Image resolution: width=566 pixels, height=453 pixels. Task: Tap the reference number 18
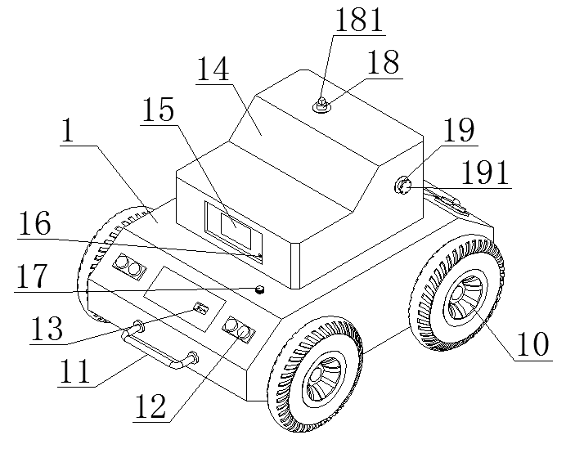point(384,62)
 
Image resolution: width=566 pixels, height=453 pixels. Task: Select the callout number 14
point(213,69)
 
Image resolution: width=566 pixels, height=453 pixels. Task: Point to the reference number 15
point(159,110)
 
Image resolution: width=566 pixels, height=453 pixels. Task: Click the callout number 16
point(34,224)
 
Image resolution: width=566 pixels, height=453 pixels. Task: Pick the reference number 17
point(32,276)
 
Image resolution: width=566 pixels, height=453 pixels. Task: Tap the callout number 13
point(47,328)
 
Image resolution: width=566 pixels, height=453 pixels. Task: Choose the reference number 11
point(74,371)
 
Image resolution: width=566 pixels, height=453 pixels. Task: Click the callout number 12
point(150,406)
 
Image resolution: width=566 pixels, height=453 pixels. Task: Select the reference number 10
point(532,345)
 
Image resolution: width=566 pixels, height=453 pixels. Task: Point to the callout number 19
point(459,130)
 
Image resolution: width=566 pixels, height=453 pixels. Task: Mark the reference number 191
point(485,173)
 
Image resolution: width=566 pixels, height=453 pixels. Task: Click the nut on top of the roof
point(321,105)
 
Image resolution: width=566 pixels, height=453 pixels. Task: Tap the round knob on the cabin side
point(402,185)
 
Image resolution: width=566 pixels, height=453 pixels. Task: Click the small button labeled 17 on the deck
point(259,289)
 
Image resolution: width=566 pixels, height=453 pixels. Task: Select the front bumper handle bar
point(159,348)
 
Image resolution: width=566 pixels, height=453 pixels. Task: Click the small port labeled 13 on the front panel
point(201,308)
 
